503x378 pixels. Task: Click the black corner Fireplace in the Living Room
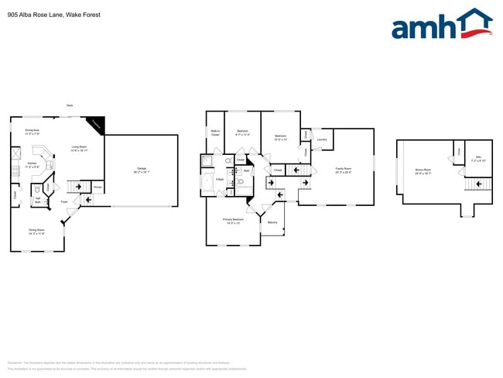coord(95,124)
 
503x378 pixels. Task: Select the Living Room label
coord(79,148)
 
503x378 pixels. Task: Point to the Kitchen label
coord(32,164)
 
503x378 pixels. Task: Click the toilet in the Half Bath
coord(37,189)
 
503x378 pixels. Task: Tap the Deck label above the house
coord(70,105)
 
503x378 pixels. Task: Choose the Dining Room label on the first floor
coord(36,231)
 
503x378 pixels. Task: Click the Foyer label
coord(64,202)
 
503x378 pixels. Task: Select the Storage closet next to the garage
coord(98,187)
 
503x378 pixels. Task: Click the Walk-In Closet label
coord(215,133)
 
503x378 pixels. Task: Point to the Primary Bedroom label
coord(231,221)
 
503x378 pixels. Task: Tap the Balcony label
coord(272,223)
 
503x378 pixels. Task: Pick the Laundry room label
coord(322,140)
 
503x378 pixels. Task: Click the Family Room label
coord(343,170)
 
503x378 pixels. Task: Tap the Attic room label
coord(478,159)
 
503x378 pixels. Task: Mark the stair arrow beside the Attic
coord(480,184)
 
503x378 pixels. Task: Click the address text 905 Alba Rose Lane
coord(43,14)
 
